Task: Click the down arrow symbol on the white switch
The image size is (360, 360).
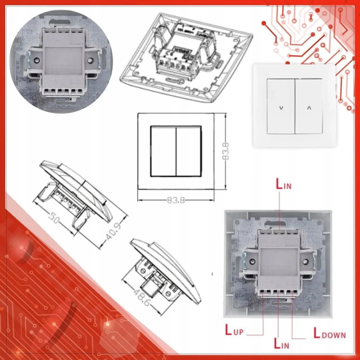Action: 281,108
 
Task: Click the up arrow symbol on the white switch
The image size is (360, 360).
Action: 309,108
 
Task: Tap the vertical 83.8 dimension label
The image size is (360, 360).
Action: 226,151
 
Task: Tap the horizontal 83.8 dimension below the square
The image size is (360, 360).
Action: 176,201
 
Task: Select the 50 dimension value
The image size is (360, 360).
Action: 54,217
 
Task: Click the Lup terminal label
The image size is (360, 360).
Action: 234,330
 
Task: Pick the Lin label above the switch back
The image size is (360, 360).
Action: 284,184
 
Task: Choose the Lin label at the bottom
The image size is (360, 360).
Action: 281,344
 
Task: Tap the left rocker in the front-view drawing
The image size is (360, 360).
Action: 164,151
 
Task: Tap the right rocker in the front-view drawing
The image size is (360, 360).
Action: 189,151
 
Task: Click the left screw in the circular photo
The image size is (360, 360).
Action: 36,60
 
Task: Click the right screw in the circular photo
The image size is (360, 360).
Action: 90,60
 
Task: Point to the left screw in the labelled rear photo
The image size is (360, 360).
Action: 252,262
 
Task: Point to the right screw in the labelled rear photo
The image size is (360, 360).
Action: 306,262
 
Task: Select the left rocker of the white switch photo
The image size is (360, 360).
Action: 281,106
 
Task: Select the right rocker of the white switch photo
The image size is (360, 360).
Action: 309,106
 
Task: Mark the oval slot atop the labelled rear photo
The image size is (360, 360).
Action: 275,223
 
